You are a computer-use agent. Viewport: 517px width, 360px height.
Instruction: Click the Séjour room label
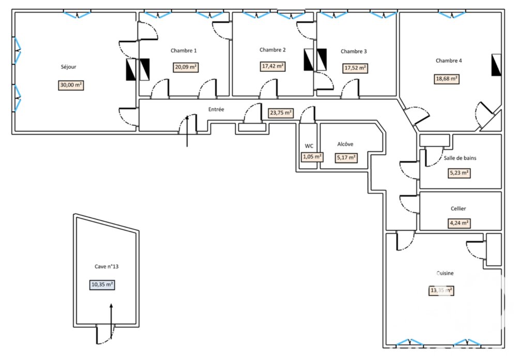[x=68, y=67]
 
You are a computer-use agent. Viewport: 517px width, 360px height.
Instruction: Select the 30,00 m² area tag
[x=71, y=85]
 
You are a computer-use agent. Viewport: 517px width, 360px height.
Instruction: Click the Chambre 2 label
[x=272, y=50]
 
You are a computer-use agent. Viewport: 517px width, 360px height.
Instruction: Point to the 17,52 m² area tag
[x=356, y=68]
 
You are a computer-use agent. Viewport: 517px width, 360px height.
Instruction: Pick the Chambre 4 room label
[x=448, y=61]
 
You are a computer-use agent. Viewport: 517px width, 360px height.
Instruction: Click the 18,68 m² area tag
[x=446, y=79]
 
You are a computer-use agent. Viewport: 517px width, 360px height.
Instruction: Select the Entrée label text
[x=216, y=110]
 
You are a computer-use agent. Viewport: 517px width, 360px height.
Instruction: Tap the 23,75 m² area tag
[x=281, y=112]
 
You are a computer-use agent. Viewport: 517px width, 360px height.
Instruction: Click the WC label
[x=310, y=146]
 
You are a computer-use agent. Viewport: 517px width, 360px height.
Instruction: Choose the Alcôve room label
[x=345, y=144]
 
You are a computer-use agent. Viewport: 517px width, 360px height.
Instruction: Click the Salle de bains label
[x=460, y=158]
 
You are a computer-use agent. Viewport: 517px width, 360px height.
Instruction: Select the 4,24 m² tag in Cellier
[x=459, y=223]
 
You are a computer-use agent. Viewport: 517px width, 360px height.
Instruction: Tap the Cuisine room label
[x=444, y=273]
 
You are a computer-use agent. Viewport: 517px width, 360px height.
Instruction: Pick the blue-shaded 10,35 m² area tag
[x=102, y=284]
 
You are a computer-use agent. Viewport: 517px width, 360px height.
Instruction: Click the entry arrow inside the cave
[x=110, y=316]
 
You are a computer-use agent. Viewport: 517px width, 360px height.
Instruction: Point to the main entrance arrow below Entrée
[x=187, y=132]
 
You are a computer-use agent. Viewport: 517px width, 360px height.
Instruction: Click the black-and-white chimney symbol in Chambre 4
[x=496, y=65]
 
